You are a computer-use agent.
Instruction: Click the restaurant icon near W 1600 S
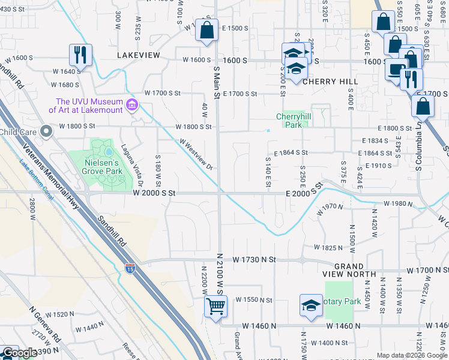pyautogui.click(x=80, y=55)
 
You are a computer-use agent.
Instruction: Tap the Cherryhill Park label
pyautogui.click(x=289, y=121)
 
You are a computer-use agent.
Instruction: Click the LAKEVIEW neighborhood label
pyautogui.click(x=139, y=55)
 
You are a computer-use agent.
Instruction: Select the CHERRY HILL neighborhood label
pyautogui.click(x=330, y=81)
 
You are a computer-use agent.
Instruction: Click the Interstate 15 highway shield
pyautogui.click(x=130, y=269)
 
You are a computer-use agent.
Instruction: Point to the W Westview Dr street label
pyautogui.click(x=196, y=155)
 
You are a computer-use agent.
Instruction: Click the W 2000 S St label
pyautogui.click(x=154, y=193)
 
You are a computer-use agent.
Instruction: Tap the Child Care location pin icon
pyautogui.click(x=46, y=132)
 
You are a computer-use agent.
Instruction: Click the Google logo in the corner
pyautogui.click(x=19, y=353)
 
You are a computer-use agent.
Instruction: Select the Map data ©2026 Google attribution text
pyautogui.click(x=412, y=355)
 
